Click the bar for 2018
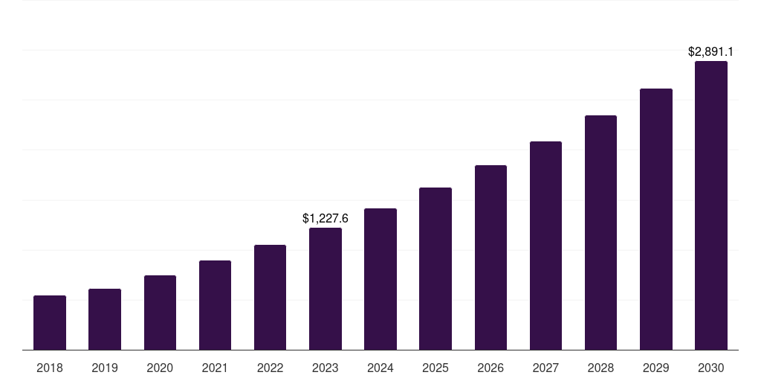[x=50, y=323]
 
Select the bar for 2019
[x=105, y=319]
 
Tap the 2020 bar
[x=160, y=313]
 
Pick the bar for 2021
[x=215, y=305]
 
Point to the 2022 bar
[x=270, y=298]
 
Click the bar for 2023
[x=326, y=289]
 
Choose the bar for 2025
[x=435, y=269]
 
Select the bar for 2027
[x=545, y=246]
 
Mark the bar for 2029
[x=656, y=220]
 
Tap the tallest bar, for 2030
[x=711, y=205]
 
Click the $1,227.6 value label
[x=326, y=218]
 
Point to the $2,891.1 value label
[x=710, y=52]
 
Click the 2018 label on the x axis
[x=50, y=368]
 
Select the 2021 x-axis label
[x=215, y=368]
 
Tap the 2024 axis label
[x=380, y=368]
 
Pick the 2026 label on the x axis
[x=490, y=368]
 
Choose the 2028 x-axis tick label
[x=600, y=368]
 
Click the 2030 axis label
[x=711, y=368]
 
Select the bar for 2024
[x=380, y=279]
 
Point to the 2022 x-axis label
[x=270, y=368]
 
